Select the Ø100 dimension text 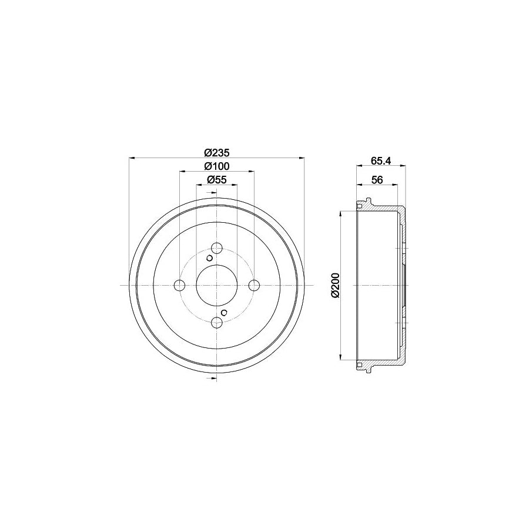(x=217, y=166)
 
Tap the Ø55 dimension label (x=217, y=180)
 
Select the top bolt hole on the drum (x=217, y=247)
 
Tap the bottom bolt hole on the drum (x=217, y=322)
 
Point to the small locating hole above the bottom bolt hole (x=224, y=312)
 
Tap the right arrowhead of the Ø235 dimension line (x=302, y=158)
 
